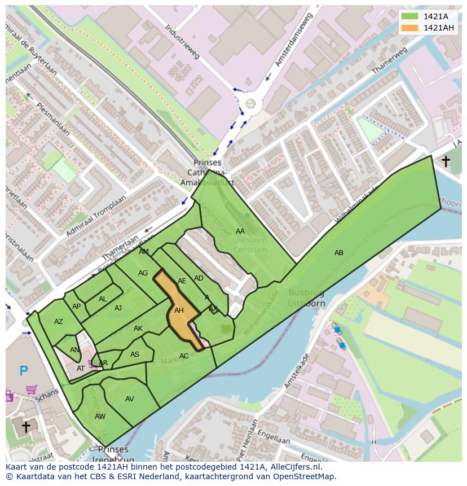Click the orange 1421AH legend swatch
click(410, 28)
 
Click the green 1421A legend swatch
click(410, 16)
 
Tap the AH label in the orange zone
click(179, 310)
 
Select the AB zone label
click(338, 253)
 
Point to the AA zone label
click(240, 231)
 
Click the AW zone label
click(100, 417)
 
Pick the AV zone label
click(130, 399)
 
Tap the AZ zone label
click(59, 322)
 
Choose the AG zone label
click(143, 273)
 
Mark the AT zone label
click(81, 369)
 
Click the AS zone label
click(134, 354)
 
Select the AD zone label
click(199, 278)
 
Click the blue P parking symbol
click(24, 371)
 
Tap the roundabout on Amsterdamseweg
click(250, 103)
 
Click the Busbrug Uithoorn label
click(307, 297)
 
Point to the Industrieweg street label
click(183, 42)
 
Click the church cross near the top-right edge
click(445, 162)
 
